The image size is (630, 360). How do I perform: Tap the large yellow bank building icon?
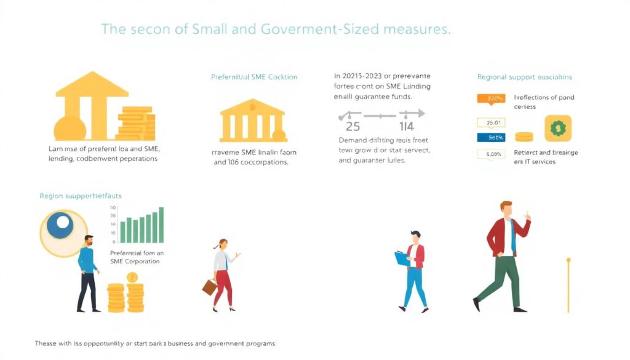92,105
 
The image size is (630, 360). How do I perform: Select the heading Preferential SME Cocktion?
254,77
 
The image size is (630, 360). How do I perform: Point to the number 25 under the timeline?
353,127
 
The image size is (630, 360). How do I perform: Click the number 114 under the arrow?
406,127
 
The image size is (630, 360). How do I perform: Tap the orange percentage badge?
492,98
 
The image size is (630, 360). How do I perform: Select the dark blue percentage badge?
492,137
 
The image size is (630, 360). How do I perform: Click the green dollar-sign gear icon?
558,129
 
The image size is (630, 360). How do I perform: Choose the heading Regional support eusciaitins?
525,77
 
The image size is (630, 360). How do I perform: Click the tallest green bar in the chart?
161,225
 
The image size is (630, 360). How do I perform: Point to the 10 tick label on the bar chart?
113,208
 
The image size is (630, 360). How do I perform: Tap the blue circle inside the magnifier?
60,226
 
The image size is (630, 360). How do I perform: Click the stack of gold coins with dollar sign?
134,294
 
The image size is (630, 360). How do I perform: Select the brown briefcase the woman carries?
210,286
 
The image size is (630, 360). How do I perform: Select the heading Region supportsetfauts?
81,196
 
